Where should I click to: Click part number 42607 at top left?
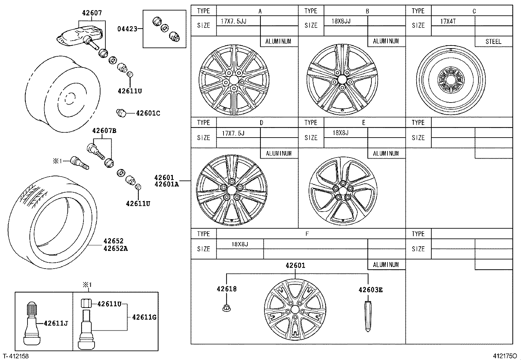point(92,13)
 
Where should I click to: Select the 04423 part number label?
point(127,29)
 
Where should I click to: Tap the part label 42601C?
point(148,113)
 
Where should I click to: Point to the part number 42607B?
point(104,131)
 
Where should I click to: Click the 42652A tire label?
point(116,249)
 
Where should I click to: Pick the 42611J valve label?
point(56,323)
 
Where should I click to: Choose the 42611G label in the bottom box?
point(144,317)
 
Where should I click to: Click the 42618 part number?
point(226,289)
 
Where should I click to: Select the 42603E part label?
point(370,290)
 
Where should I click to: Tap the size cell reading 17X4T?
point(448,21)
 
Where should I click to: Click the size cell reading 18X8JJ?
point(341,21)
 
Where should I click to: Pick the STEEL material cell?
point(493,42)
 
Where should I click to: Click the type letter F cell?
point(307,234)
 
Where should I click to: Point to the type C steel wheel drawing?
point(451,80)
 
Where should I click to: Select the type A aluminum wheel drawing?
point(234,80)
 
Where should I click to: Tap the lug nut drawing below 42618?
point(225,308)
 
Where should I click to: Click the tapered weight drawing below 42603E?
point(368,316)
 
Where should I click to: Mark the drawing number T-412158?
point(15,356)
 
